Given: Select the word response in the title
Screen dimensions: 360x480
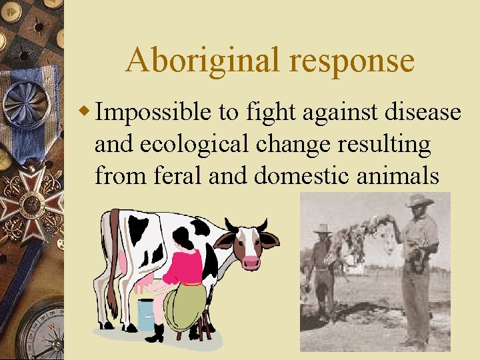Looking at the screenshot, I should (x=352, y=61).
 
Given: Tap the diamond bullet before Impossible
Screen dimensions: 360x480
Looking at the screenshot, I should (x=85, y=111).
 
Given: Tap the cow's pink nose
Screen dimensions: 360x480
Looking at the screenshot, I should (x=251, y=261).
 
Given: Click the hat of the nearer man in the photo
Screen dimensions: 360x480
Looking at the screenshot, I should (x=419, y=200).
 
